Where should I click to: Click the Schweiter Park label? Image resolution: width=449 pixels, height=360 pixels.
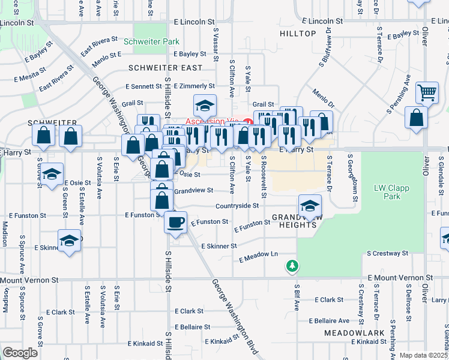click(x=151, y=42)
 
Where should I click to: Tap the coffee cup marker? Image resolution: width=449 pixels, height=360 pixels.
click(x=175, y=223)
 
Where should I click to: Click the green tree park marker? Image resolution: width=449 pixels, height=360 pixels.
click(x=292, y=265)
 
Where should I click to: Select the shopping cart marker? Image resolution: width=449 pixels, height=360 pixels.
click(x=427, y=92)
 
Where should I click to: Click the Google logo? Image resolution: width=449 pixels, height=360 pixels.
click(x=20, y=353)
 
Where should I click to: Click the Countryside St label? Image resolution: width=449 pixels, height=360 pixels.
click(x=237, y=205)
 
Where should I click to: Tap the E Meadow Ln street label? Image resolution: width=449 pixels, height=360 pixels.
click(x=259, y=257)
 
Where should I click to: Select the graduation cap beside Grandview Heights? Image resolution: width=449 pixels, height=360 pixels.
click(x=310, y=206)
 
